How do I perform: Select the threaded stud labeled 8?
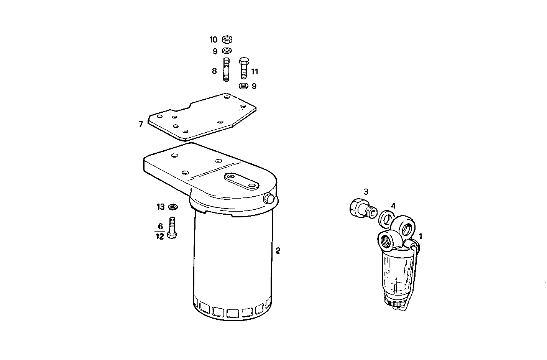pyautogui.click(x=226, y=69)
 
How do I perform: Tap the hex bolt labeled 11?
pyautogui.click(x=243, y=69)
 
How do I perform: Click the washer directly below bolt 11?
pyautogui.click(x=243, y=86)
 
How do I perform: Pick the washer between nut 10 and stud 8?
pyautogui.click(x=227, y=51)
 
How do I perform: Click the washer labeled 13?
pyautogui.click(x=173, y=207)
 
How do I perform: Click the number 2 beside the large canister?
pyautogui.click(x=278, y=251)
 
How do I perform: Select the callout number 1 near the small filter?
pyautogui.click(x=421, y=236)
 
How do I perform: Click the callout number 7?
pyautogui.click(x=141, y=124)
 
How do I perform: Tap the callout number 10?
pyautogui.click(x=214, y=39)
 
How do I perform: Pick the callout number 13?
pyautogui.click(x=160, y=207)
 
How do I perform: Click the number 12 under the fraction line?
pyautogui.click(x=160, y=237)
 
